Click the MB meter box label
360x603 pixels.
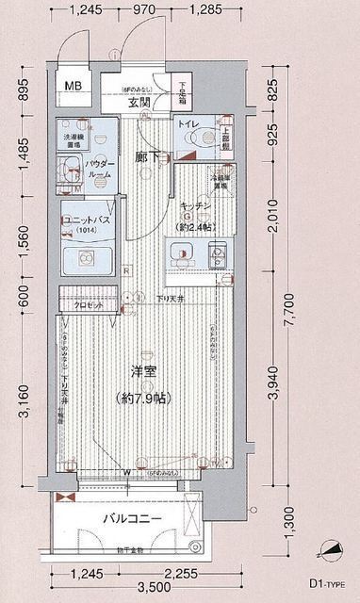[73, 87]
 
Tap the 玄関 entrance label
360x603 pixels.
[140, 102]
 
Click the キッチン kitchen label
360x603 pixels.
[194, 205]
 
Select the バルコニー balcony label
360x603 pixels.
[133, 519]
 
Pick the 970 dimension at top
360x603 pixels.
[144, 11]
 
